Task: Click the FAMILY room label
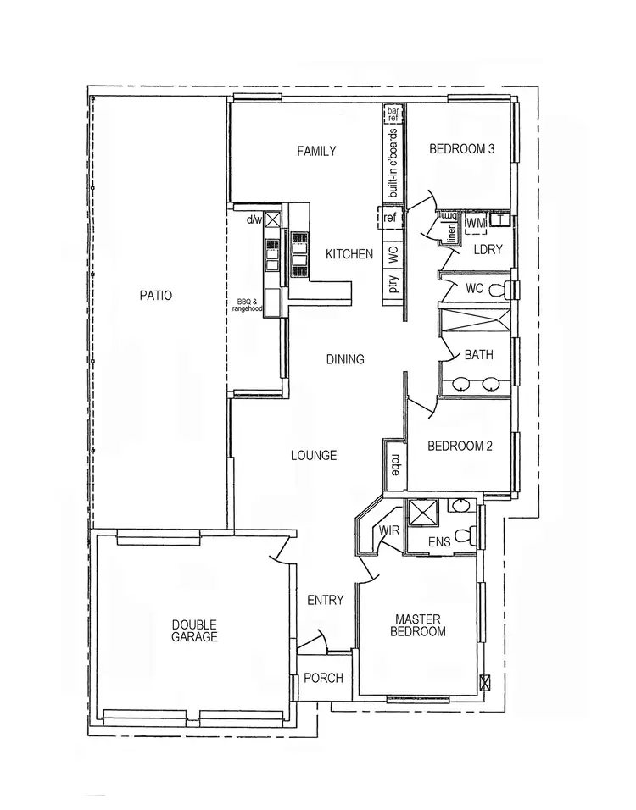coord(316,152)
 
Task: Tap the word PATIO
coord(156,296)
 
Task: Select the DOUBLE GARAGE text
coord(194,631)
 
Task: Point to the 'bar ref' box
coord(393,114)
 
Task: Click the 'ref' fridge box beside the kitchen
coord(390,219)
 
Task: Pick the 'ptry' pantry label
coord(393,284)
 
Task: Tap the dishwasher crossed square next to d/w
coord(273,220)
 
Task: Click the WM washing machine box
coord(476,222)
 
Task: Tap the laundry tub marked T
coord(501,221)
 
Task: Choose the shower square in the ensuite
coord(421,513)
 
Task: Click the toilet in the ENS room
coord(466,536)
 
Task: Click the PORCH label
coord(323,678)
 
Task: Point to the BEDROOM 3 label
coord(461,149)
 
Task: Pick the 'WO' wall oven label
coord(393,252)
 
